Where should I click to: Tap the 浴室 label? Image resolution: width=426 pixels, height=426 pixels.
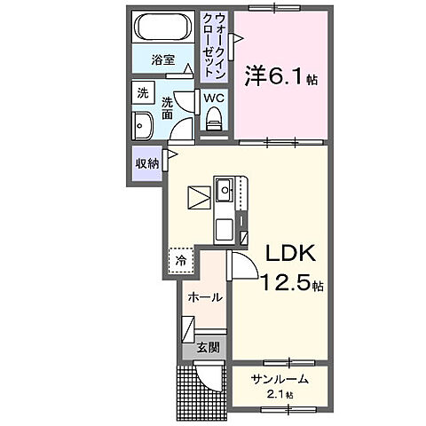pyautogui.click(x=162, y=61)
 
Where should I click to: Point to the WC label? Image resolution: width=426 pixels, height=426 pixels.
pyautogui.click(x=214, y=98)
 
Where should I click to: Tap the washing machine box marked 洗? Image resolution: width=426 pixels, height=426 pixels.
pyautogui.click(x=142, y=92)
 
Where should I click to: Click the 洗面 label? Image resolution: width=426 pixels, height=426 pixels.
pyautogui.click(x=166, y=107)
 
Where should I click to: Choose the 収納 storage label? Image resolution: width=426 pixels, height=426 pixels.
pyautogui.click(x=146, y=164)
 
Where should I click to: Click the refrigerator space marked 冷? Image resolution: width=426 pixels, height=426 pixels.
pyautogui.click(x=180, y=260)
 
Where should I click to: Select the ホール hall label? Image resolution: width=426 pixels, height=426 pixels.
pyautogui.click(x=205, y=297)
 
